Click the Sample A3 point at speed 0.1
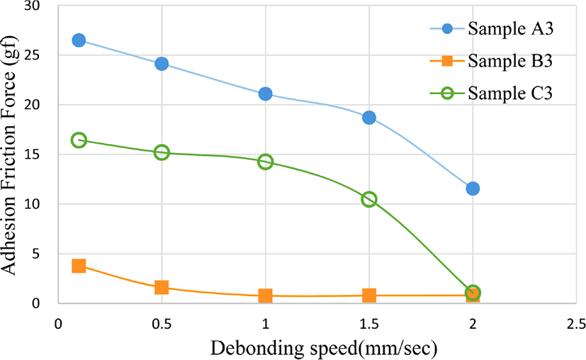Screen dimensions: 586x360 (79, 40)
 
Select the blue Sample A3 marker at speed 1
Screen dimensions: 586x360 (265, 94)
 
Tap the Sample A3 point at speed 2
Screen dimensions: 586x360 (473, 189)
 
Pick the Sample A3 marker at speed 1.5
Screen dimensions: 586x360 (369, 118)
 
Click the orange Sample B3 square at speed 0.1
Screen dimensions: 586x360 (79, 266)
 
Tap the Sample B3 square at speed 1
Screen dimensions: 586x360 (265, 296)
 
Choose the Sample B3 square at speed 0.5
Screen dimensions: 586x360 (162, 287)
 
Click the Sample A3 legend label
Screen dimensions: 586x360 (510, 29)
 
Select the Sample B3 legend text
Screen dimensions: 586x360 (510, 61)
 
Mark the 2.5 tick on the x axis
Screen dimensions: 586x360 (576, 324)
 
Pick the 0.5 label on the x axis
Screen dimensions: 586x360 (162, 324)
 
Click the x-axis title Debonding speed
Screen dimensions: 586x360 (324, 349)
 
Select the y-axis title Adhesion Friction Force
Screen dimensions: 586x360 (9, 155)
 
